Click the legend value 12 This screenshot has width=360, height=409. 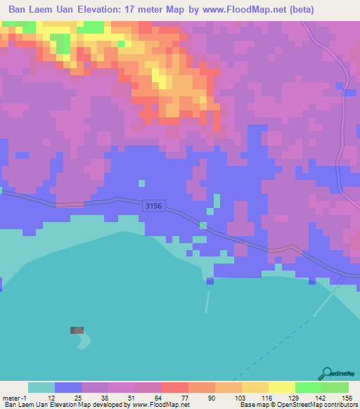coord(51,397)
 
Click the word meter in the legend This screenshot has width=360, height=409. coord(12,397)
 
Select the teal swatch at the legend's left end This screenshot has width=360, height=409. coord(41,387)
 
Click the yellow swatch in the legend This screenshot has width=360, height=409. coord(282,387)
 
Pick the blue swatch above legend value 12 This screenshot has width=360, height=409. coord(68,387)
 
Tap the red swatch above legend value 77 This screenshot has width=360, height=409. coord(175,387)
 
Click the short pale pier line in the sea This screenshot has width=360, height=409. coord(207,302)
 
